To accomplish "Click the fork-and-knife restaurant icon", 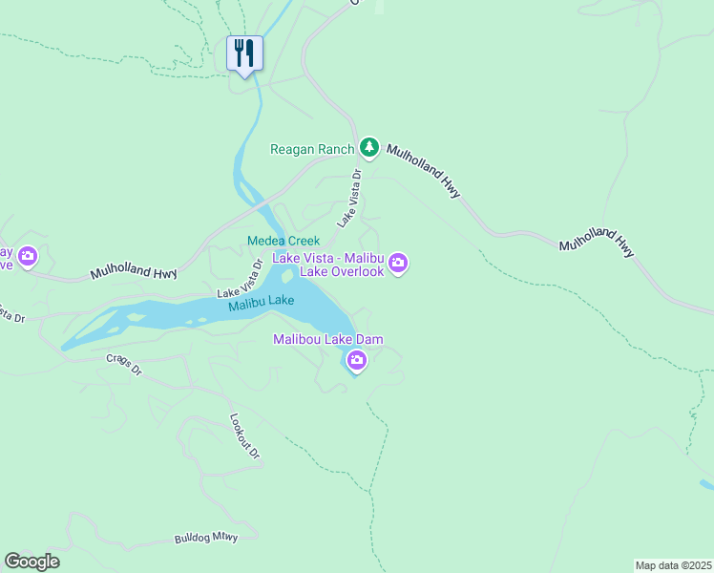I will [x=244, y=53].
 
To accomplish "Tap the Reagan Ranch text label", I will [x=312, y=149].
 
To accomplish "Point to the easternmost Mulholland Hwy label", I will [x=597, y=245].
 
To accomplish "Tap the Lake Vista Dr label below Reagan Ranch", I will [x=348, y=199].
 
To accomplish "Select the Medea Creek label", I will [x=283, y=241].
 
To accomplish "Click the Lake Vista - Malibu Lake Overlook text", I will [x=328, y=265].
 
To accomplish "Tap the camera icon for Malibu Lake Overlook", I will [x=398, y=263].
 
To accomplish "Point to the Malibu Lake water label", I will [x=261, y=303].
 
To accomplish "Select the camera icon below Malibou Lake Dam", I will [x=356, y=360].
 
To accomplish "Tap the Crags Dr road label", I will [x=122, y=366].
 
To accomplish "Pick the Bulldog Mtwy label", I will [x=205, y=539].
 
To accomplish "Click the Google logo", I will [x=31, y=562].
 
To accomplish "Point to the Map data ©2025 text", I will [x=673, y=564].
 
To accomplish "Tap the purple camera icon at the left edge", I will [x=27, y=256].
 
